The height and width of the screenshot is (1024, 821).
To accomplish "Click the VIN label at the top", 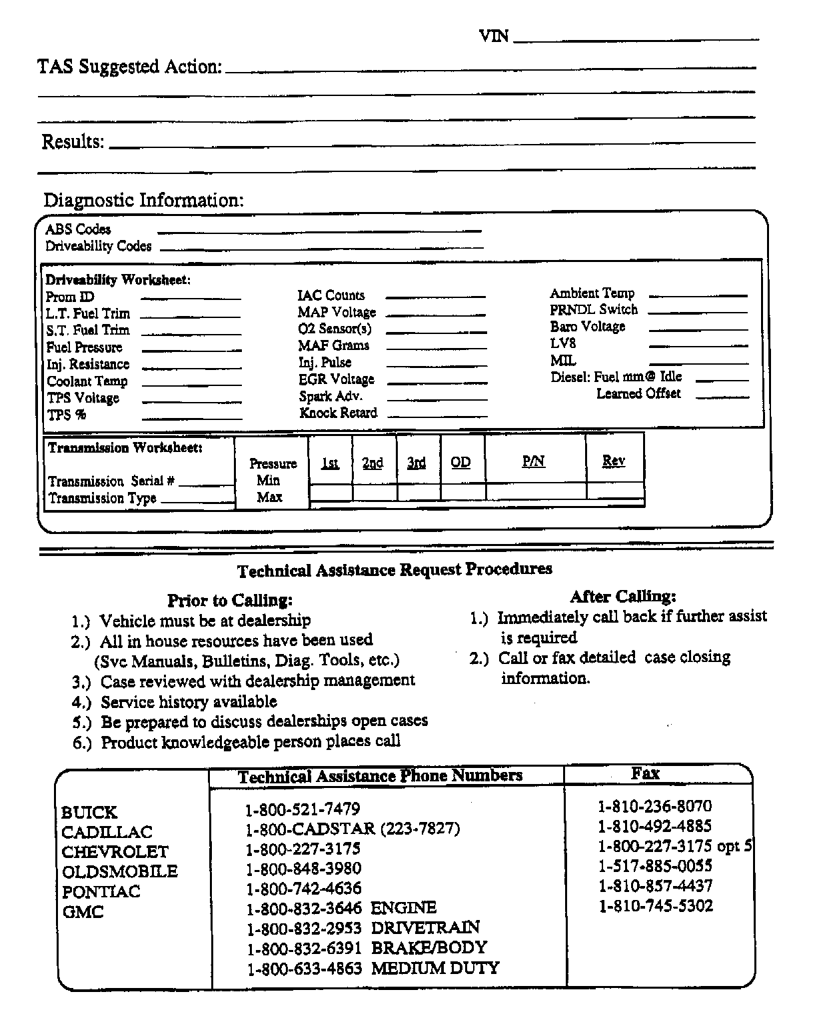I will point(494,36).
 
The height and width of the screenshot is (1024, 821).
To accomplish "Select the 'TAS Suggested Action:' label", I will point(129,67).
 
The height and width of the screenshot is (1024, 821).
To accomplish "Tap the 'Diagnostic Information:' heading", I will point(144,200).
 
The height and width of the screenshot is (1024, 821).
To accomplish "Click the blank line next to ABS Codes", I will point(319,231).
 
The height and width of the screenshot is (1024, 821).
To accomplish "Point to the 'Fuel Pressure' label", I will point(85,347).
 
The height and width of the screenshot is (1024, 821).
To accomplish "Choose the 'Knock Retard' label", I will point(338,413).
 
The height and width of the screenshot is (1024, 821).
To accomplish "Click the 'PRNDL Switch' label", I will point(594,310).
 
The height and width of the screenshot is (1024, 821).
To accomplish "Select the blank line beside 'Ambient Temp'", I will point(698,294).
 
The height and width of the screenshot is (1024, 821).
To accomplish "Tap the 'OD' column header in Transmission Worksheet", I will point(460,462).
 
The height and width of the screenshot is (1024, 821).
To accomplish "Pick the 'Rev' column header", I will point(614,461).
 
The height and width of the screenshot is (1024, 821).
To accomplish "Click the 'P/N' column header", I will point(533,461).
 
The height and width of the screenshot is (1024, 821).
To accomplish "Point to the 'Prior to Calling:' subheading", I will point(230,600).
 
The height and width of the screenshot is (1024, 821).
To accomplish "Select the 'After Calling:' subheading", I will point(623,596).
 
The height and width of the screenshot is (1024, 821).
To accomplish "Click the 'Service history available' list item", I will point(189,701).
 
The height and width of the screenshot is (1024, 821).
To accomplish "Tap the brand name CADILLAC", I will point(107,832).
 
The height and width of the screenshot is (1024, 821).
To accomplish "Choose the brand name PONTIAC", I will point(101,892).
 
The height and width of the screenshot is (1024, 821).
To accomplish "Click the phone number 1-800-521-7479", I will point(303,809).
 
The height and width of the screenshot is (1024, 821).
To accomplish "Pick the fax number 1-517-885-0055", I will point(655,866).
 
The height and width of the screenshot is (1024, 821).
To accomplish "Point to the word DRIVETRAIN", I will point(425,927).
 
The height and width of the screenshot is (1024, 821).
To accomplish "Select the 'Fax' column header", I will point(645,773).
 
